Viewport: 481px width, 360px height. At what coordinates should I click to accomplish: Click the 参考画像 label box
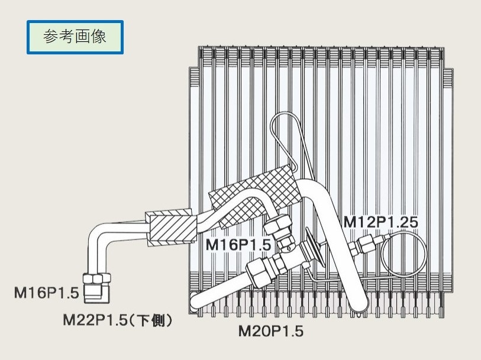pos(75,38)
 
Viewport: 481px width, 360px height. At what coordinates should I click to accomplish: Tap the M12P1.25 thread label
pos(381,222)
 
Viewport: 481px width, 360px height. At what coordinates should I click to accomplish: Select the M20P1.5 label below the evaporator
pos(270,331)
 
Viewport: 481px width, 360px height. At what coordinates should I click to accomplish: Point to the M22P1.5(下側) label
pos(118,320)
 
